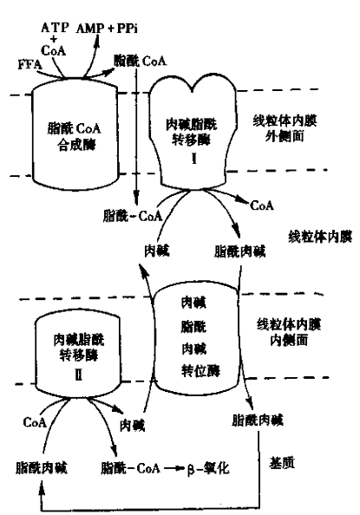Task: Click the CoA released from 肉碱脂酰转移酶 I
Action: [261, 207]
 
